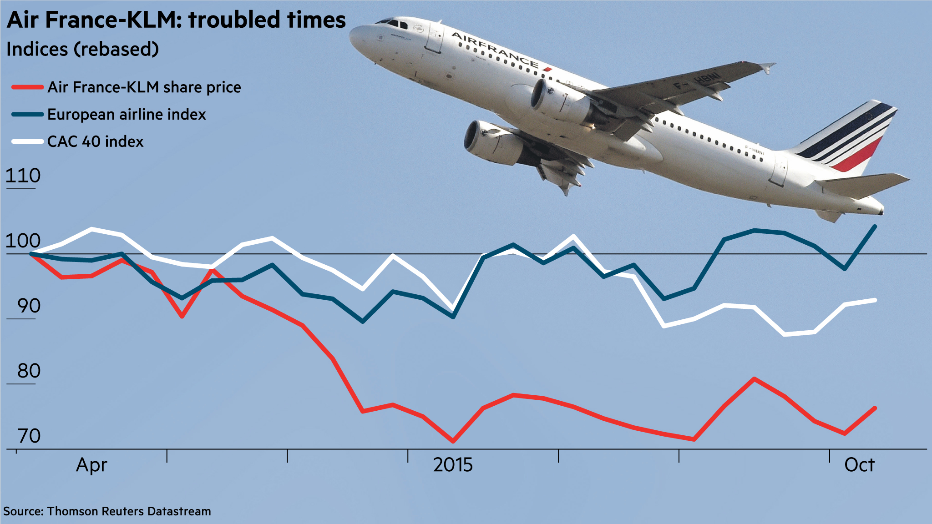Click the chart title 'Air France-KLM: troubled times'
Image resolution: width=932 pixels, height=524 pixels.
pos(176,20)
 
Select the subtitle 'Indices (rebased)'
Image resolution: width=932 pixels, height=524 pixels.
pos(82,49)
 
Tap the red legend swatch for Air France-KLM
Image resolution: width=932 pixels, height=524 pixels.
pos(27,87)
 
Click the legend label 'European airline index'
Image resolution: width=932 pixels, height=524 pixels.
pos(127,114)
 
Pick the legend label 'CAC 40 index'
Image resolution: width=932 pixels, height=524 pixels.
pos(95,141)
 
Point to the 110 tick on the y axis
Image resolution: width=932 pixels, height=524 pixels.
pos(23,176)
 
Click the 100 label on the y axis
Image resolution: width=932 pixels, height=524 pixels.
pos(23,241)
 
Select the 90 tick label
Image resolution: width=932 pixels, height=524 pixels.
pos(29,306)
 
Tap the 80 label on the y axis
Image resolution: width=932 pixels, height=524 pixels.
pos(29,371)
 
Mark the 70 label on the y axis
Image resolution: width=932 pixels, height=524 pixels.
pos(29,436)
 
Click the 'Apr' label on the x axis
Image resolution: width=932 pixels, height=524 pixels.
pos(91,465)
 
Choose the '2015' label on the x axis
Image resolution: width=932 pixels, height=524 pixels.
pos(453,465)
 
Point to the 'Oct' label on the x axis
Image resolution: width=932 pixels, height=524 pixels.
pos(859,465)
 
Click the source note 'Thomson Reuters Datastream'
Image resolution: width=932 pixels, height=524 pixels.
pos(129,511)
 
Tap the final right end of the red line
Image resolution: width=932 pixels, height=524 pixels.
pos(875,408)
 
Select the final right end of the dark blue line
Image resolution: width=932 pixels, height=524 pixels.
pos(875,226)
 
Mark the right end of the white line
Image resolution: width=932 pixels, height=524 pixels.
pos(875,300)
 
